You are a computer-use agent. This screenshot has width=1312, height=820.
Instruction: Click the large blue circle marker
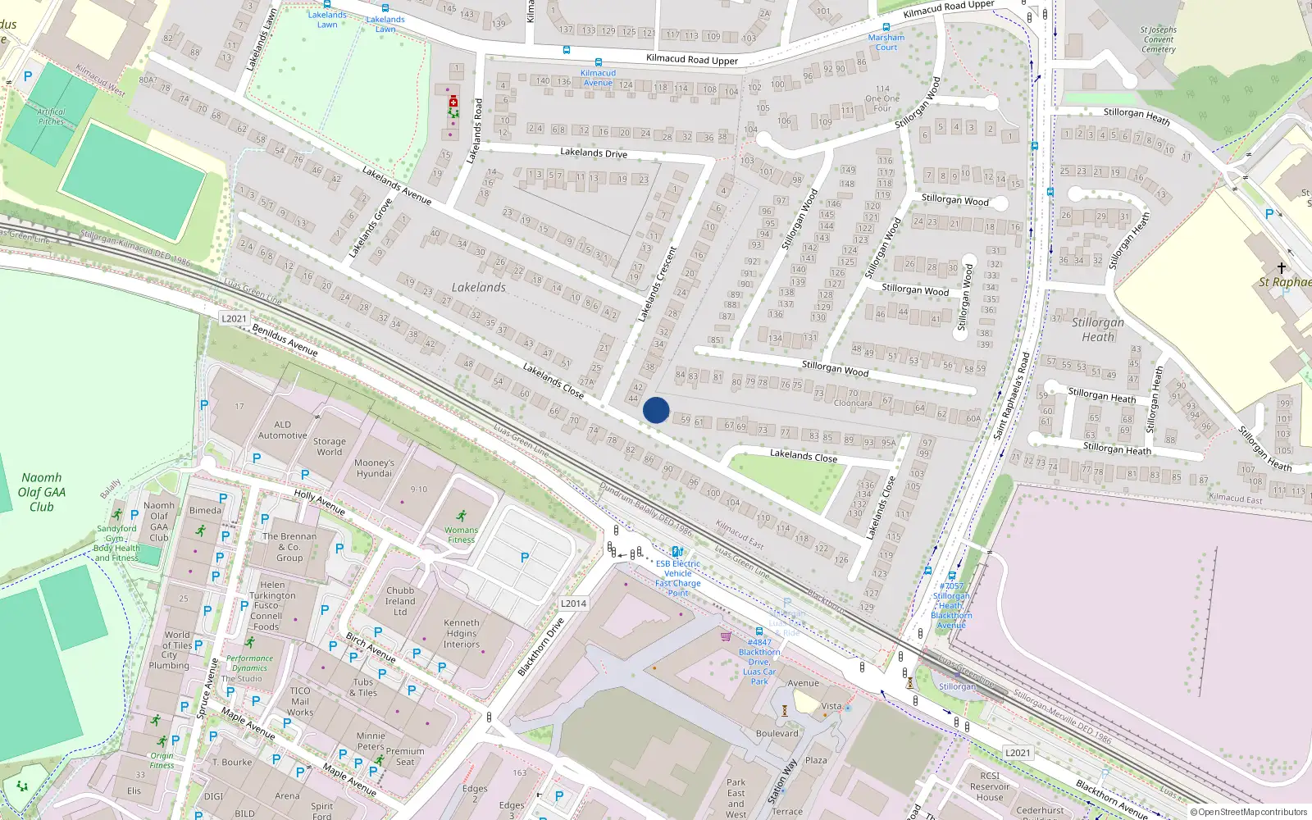pyautogui.click(x=656, y=410)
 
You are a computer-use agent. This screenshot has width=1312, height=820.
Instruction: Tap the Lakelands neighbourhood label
pyautogui.click(x=478, y=288)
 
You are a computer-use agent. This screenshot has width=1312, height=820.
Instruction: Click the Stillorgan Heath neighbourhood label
pyautogui.click(x=1098, y=330)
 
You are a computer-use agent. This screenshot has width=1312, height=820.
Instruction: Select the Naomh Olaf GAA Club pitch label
pyautogui.click(x=42, y=492)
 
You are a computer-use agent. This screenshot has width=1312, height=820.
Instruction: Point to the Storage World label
pyautogui.click(x=330, y=447)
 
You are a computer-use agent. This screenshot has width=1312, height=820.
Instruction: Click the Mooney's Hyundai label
pyautogui.click(x=374, y=468)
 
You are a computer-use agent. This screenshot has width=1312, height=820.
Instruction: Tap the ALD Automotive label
pyautogui.click(x=282, y=430)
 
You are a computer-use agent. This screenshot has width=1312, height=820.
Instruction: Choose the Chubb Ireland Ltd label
pyautogui.click(x=400, y=601)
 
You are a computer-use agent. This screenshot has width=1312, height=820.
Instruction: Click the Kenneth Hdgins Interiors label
pyautogui.click(x=462, y=633)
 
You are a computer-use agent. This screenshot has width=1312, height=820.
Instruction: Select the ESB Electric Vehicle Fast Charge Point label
pyautogui.click(x=678, y=578)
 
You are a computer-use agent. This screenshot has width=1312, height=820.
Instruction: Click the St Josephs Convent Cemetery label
pyautogui.click(x=1158, y=39)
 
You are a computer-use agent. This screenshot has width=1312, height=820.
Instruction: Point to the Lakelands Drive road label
pyautogui.click(x=594, y=153)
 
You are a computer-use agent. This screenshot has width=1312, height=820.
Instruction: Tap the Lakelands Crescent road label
pyautogui.click(x=658, y=284)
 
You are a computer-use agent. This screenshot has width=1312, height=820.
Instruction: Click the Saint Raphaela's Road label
pyautogui.click(x=1012, y=395)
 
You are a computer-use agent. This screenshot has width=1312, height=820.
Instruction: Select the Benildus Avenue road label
pyautogui.click(x=285, y=340)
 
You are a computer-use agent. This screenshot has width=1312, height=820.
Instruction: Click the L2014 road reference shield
pyautogui.click(x=573, y=604)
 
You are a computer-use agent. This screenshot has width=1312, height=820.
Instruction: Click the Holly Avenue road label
pyautogui.click(x=320, y=502)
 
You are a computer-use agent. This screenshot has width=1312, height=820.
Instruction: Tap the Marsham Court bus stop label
pyautogui.click(x=886, y=43)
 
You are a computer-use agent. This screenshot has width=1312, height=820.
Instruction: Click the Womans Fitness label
pyautogui.click(x=462, y=535)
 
